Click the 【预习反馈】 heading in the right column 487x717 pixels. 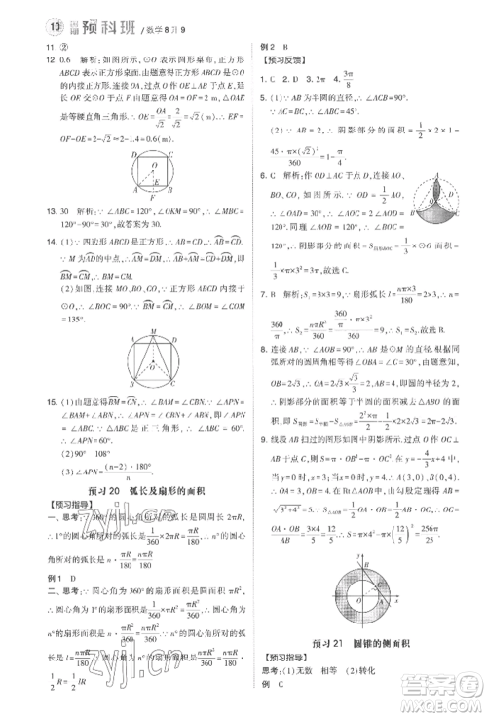point(275,59)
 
